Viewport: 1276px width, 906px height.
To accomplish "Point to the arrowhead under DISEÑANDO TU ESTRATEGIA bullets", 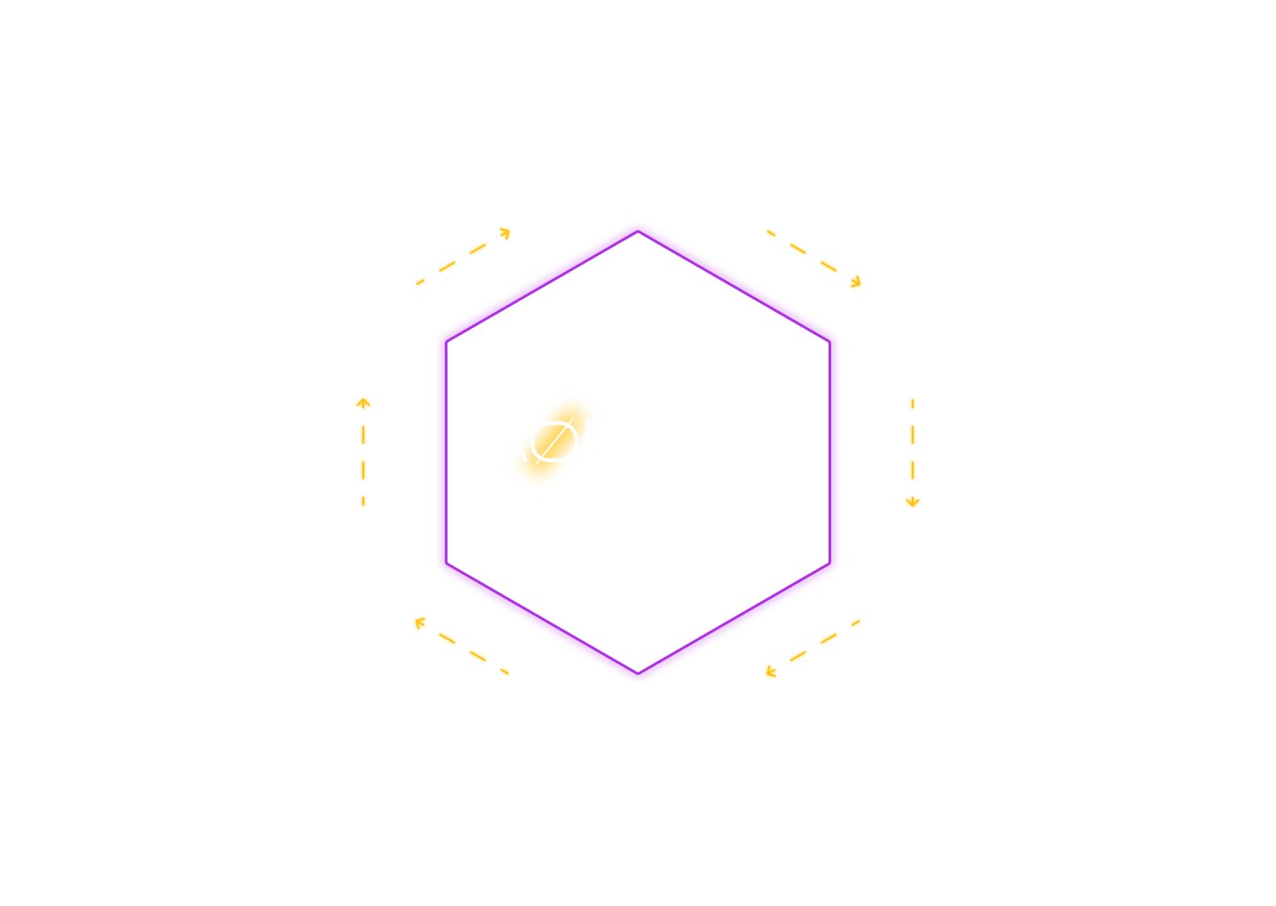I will [913, 502].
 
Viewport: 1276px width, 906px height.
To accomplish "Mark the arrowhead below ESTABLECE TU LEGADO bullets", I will [362, 404].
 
